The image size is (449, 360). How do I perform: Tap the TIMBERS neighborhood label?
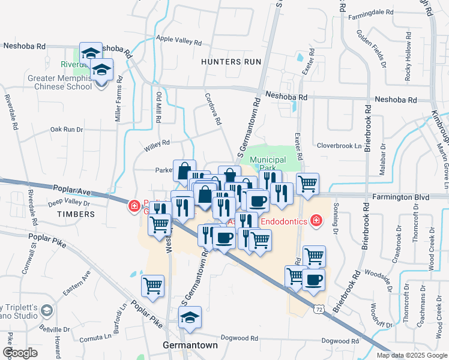pyautogui.click(x=72, y=214)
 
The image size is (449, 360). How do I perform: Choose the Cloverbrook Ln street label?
pyautogui.click(x=340, y=145)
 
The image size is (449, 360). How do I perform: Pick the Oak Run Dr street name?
pyautogui.click(x=66, y=129)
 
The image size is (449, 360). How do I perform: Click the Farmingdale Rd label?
pyautogui.click(x=373, y=11)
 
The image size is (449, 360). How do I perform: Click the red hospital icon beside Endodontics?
pyautogui.click(x=316, y=221)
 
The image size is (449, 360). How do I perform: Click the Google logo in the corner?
pyautogui.click(x=20, y=353)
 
